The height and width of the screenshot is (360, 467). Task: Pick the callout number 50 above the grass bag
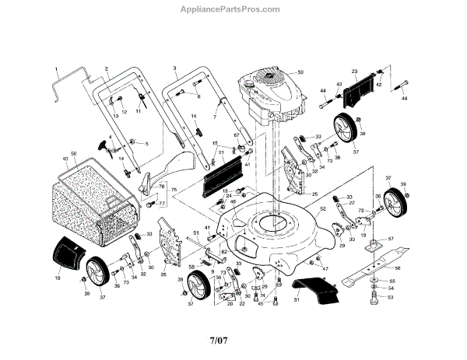point(73,154)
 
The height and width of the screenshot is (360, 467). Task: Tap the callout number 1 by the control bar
point(57,68)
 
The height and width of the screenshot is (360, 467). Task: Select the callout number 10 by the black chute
point(58,278)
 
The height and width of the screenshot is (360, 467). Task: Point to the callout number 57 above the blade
point(392,238)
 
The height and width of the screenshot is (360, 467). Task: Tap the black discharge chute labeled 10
point(68,253)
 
